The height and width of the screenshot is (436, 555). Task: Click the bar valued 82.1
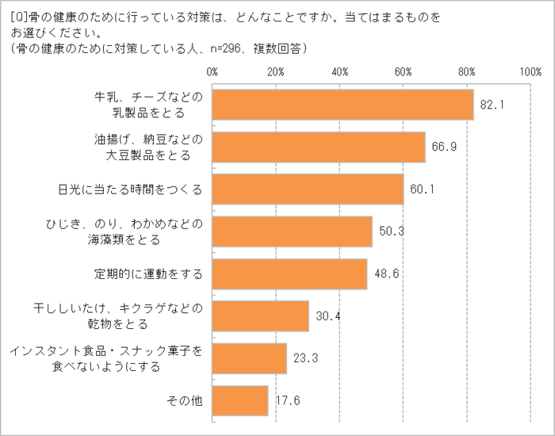coord(343,105)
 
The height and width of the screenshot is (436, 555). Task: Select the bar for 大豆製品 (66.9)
coord(319,147)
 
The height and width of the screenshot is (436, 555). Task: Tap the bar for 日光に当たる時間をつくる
coord(308,189)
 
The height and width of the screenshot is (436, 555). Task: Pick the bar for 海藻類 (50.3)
coord(292,231)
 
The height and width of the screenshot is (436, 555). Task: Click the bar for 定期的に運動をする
coord(289,274)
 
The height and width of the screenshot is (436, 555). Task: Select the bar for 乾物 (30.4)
coord(260,316)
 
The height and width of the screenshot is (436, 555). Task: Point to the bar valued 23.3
coord(249,358)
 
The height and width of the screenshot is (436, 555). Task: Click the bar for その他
coord(240,400)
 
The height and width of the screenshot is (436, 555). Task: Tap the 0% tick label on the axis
coord(212,72)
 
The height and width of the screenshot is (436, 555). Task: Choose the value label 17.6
coord(288,400)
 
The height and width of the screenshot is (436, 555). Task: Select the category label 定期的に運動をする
coord(148,274)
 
